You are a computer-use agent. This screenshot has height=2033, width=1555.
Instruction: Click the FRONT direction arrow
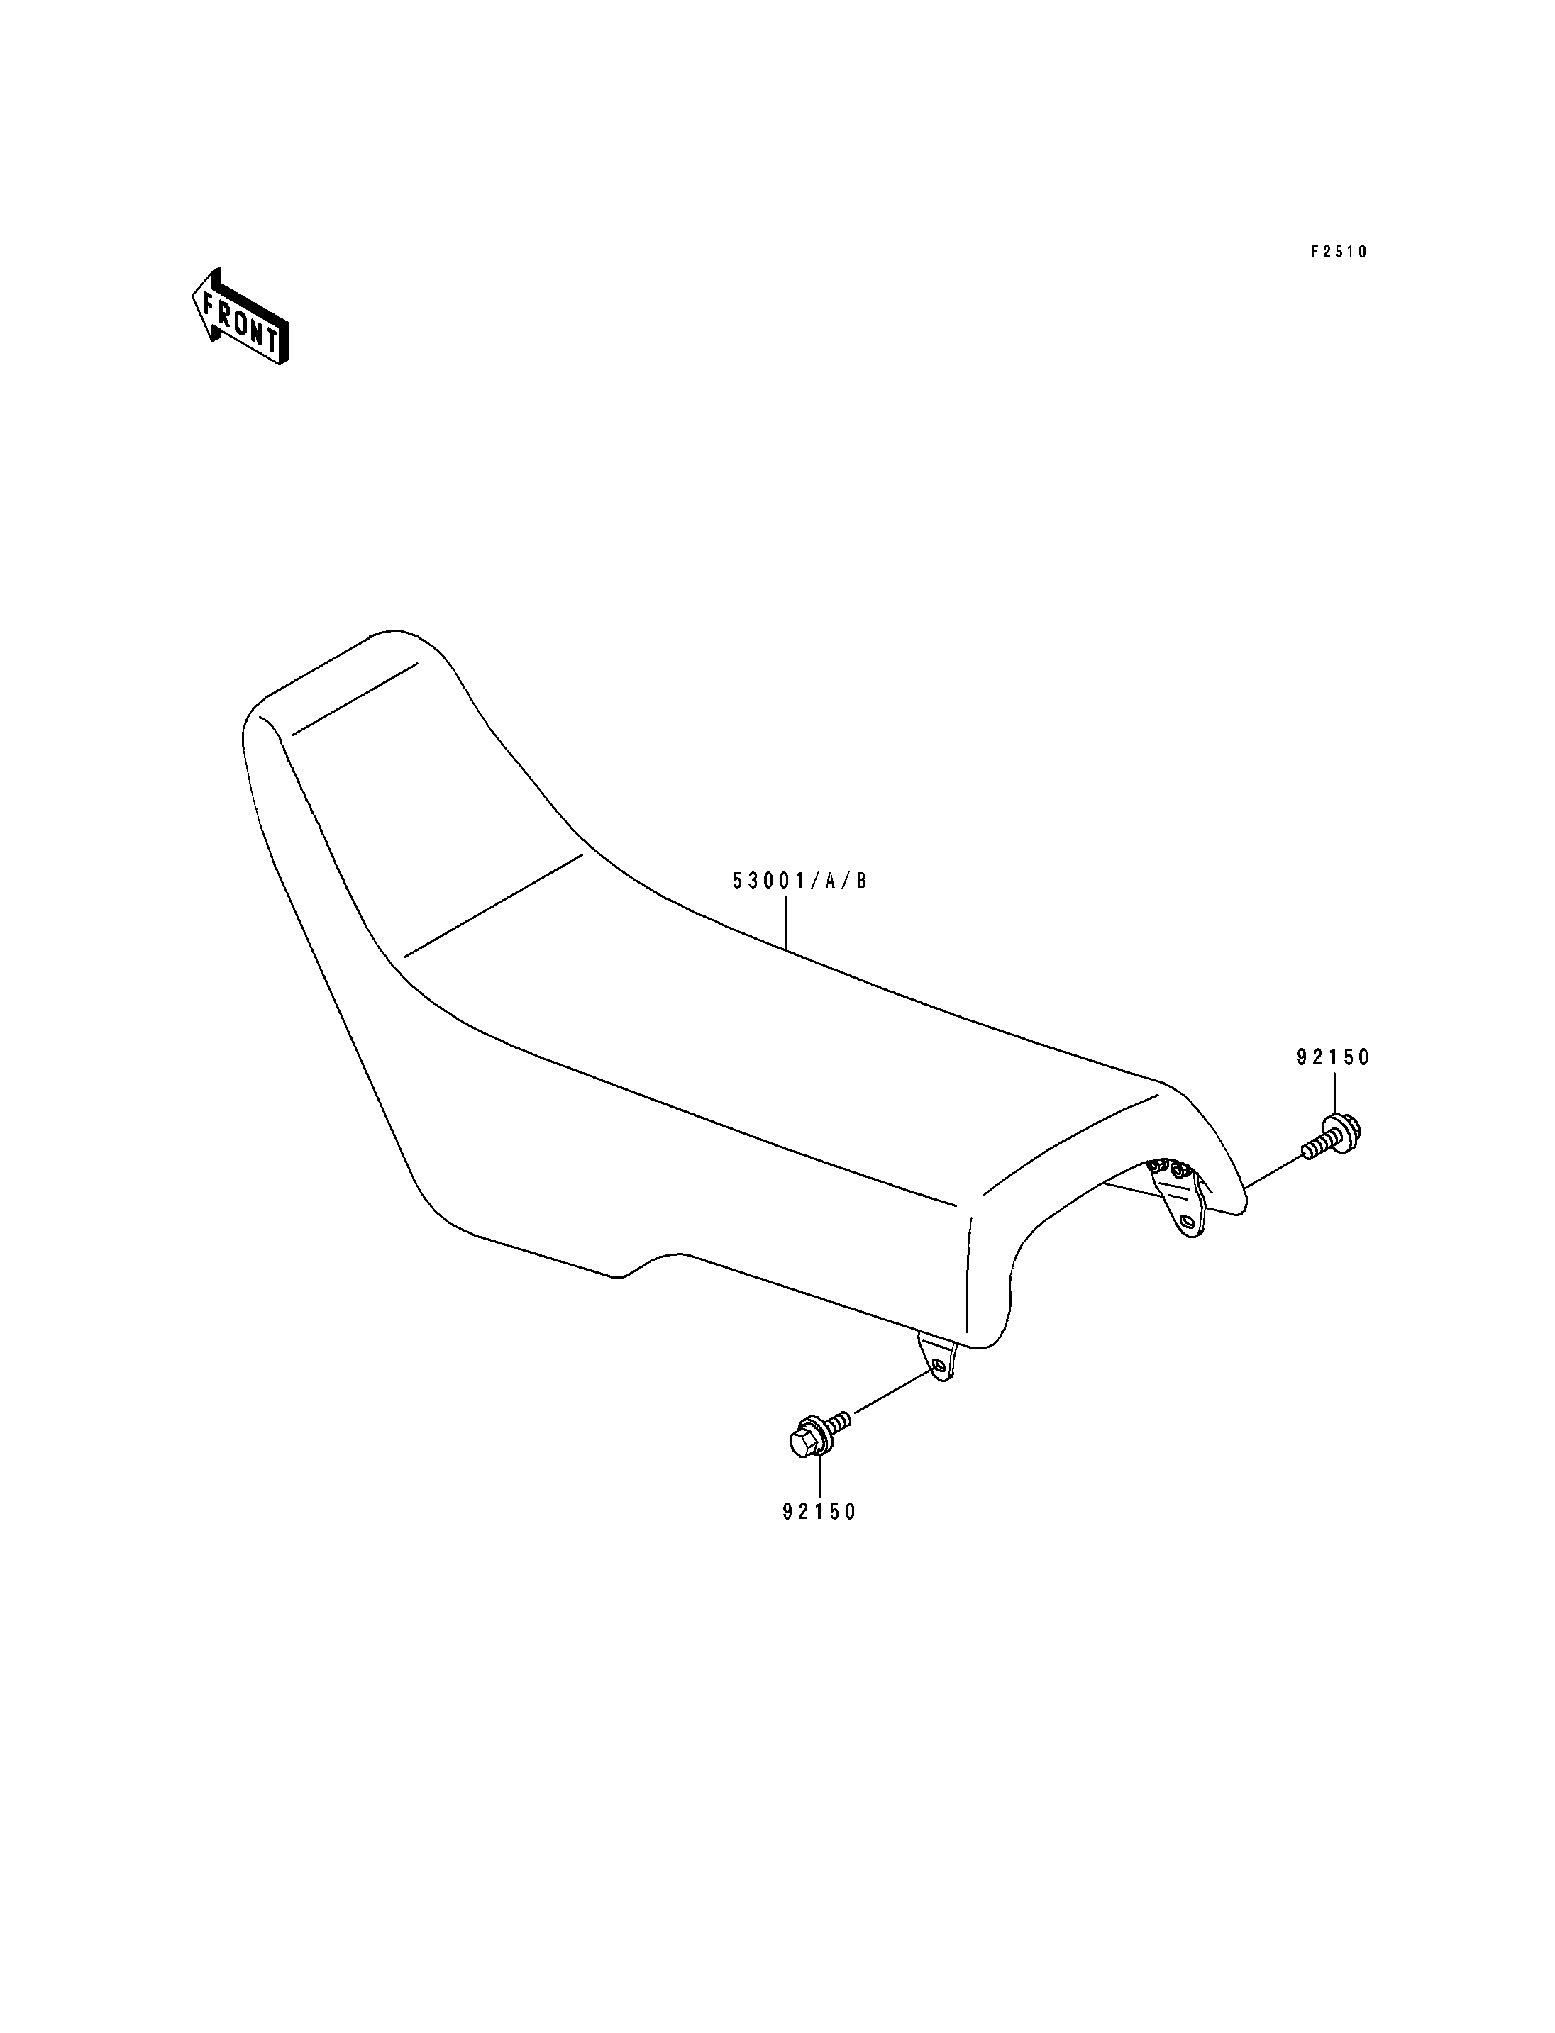240,316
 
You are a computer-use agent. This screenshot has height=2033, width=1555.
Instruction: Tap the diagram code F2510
1339,252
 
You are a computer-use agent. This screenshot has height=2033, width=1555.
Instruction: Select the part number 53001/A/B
799,881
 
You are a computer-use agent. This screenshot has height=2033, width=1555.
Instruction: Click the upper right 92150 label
1333,1058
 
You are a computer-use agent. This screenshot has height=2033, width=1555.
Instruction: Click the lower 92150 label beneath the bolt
820,1512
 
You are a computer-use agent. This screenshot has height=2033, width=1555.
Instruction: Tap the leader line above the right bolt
1334,1093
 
